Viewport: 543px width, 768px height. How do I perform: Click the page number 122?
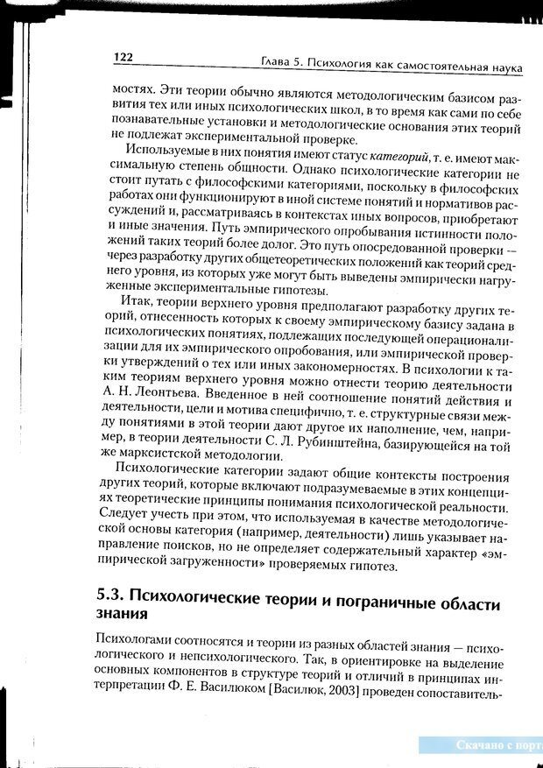(122, 57)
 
